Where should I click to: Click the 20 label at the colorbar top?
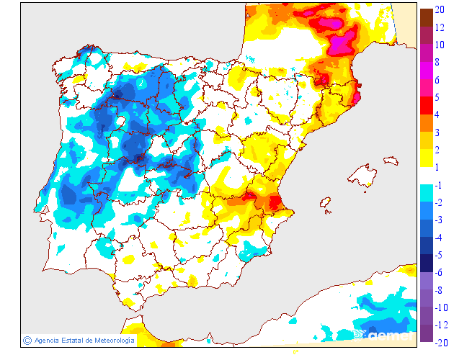point(440,10)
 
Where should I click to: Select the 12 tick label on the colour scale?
point(440,27)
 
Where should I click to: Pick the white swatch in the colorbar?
point(426,176)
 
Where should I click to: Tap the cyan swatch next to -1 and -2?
point(426,193)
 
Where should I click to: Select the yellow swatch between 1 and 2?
point(426,158)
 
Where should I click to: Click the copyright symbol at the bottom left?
point(27,340)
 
